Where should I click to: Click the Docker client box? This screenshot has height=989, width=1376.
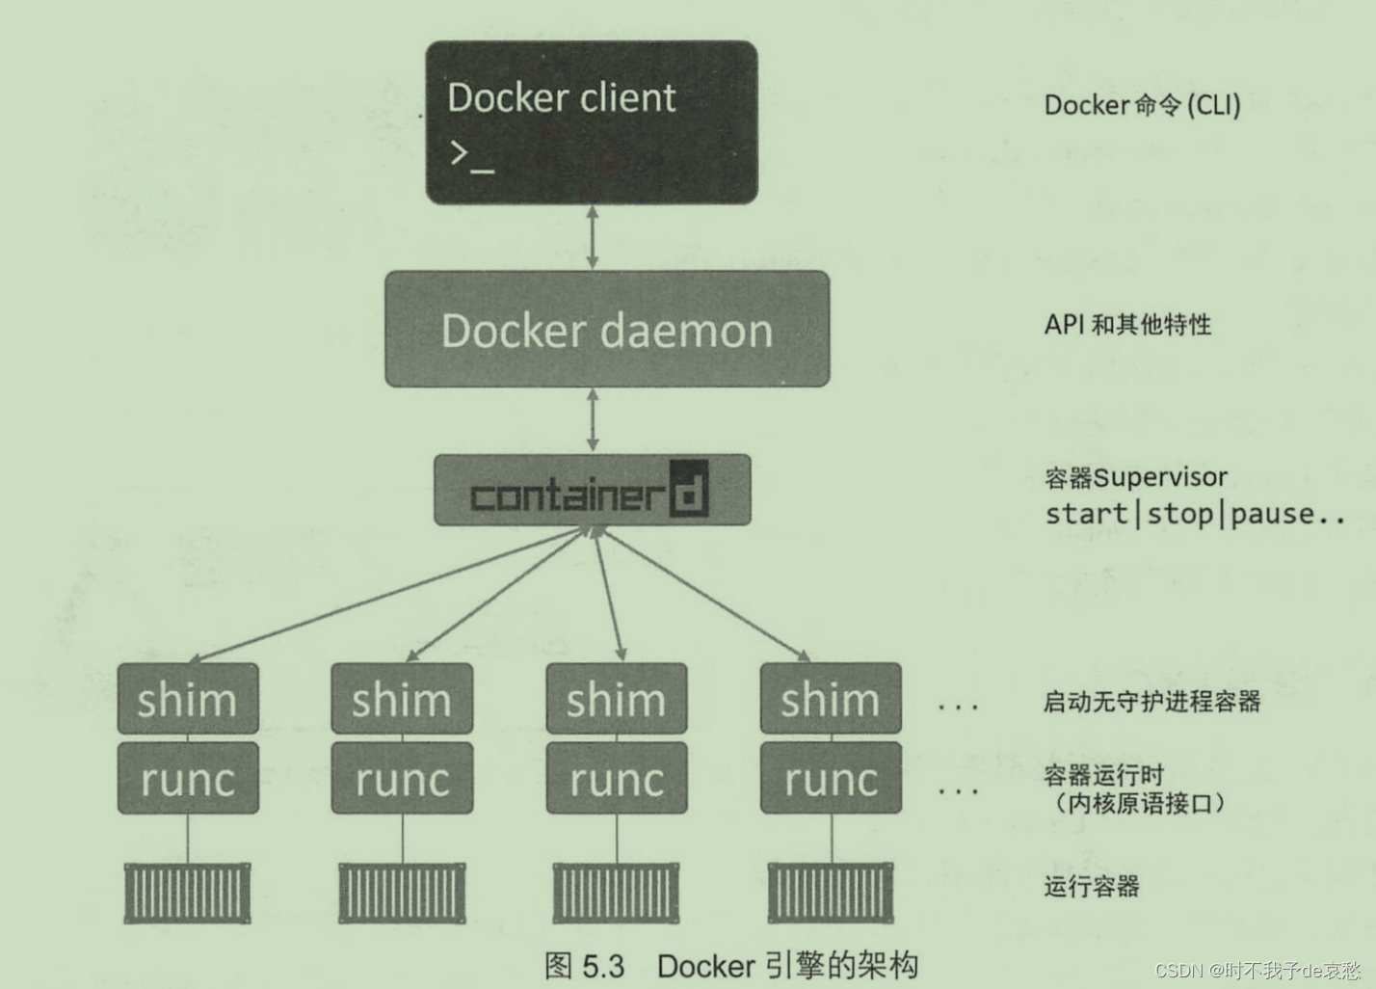point(592,122)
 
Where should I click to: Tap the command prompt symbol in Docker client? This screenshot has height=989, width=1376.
point(471,156)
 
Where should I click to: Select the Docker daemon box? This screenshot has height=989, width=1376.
point(607,330)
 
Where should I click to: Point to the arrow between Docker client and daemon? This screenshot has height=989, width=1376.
point(593,237)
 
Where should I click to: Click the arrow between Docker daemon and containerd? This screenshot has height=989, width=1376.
point(593,420)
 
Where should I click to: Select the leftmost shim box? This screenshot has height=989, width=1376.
point(188,699)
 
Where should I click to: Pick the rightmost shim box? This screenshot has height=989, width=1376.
point(831,699)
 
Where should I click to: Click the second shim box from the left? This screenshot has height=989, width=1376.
point(402,699)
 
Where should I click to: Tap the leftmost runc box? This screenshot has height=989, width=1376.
point(188,779)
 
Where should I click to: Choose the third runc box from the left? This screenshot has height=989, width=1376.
point(617,779)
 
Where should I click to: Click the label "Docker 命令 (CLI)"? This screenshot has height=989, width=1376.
point(1142,105)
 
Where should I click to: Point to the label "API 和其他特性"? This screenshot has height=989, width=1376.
point(1127,325)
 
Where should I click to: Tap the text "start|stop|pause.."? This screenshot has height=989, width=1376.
point(1195,515)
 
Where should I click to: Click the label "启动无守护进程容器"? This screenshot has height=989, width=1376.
point(1151,702)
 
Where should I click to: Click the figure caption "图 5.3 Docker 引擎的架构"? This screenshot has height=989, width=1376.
point(730,965)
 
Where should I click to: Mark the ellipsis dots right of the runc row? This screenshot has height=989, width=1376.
point(958,791)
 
